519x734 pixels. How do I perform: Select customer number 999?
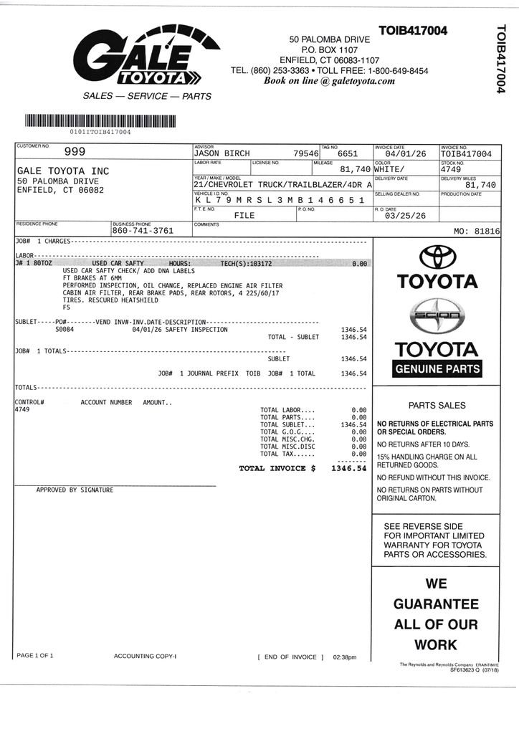click(75, 151)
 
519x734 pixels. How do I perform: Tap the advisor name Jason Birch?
click(222, 153)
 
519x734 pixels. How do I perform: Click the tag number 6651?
click(347, 153)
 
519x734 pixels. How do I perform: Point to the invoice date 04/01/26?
click(405, 153)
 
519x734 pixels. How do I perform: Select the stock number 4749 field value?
click(452, 169)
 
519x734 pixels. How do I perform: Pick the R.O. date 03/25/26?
click(405, 216)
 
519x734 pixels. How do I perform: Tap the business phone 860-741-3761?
click(143, 231)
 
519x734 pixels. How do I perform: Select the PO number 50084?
click(65, 330)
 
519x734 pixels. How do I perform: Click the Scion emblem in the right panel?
click(437, 315)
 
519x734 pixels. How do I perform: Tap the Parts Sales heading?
click(437, 405)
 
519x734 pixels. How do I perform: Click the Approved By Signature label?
click(75, 490)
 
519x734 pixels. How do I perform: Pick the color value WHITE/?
click(390, 169)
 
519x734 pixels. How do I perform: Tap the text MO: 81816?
click(477, 232)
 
